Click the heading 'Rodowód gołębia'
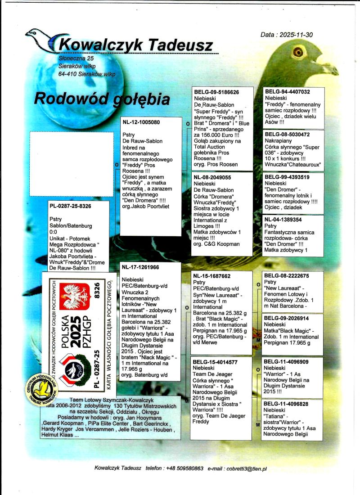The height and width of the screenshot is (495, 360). (102, 99)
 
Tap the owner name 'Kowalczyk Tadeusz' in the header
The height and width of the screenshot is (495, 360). (135, 45)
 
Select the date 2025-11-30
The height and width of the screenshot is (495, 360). (293, 35)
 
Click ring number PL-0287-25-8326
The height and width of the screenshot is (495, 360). (71, 206)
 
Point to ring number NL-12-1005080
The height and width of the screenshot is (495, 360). (141, 122)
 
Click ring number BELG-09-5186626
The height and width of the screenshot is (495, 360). (216, 92)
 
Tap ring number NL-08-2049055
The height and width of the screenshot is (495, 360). (212, 178)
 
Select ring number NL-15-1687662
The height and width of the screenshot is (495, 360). (212, 276)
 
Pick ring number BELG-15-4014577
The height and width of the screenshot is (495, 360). (215, 362)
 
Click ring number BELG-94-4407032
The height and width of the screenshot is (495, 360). (288, 92)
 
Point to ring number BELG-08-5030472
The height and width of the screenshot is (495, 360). (288, 135)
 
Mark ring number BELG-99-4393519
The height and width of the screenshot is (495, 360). (288, 177)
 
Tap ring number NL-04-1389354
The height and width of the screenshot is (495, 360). (283, 220)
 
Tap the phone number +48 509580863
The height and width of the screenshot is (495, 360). (184, 468)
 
